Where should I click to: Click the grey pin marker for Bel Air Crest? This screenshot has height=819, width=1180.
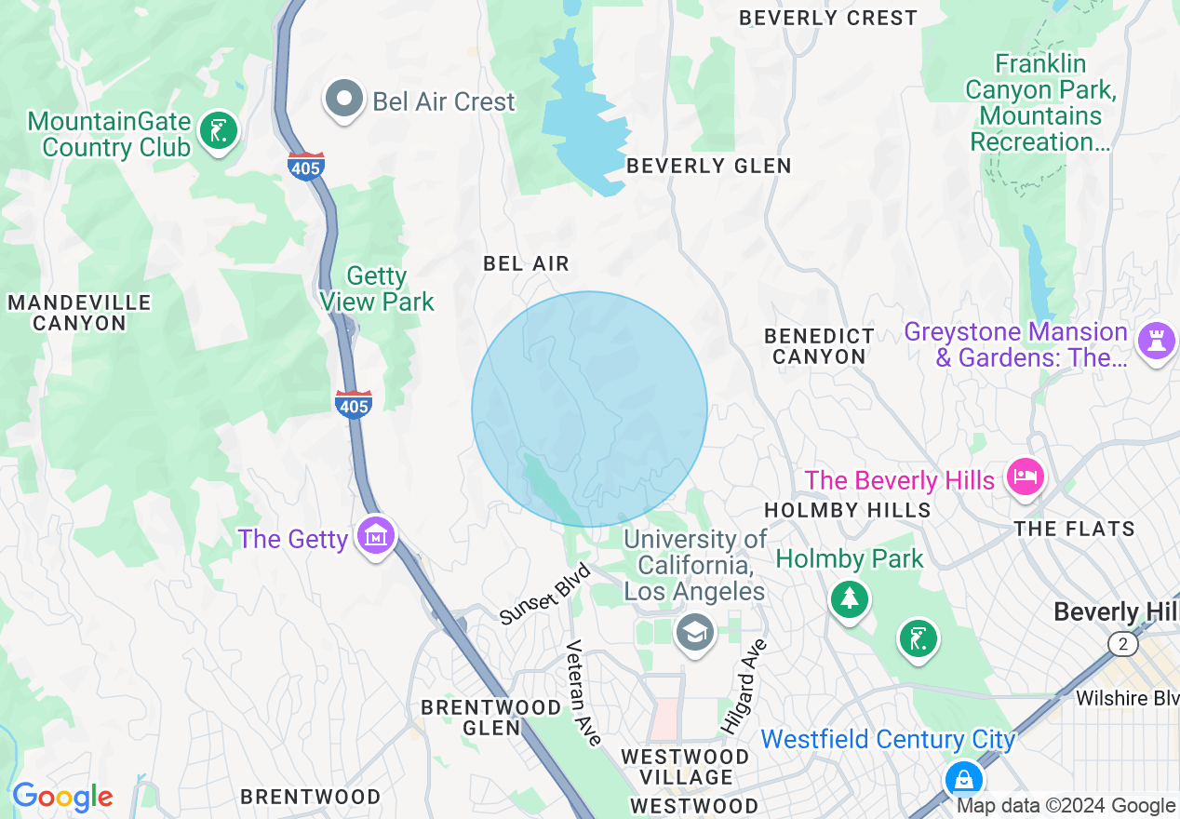pyautogui.click(x=344, y=99)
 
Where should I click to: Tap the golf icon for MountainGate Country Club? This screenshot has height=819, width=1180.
pyautogui.click(x=218, y=131)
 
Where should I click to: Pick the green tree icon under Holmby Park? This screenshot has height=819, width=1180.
pyautogui.click(x=849, y=597)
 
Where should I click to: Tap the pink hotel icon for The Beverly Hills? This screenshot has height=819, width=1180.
pyautogui.click(x=1025, y=477)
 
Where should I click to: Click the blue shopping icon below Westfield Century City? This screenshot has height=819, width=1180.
pyautogui.click(x=963, y=778)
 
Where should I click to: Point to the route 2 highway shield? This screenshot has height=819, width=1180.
pyautogui.click(x=1123, y=643)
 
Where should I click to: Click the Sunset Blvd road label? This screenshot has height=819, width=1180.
pyautogui.click(x=544, y=595)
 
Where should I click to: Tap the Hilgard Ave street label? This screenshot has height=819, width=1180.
pyautogui.click(x=744, y=684)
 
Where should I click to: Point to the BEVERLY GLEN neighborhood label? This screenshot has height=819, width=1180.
pyautogui.click(x=709, y=166)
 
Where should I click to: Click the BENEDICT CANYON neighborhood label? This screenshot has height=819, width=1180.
pyautogui.click(x=819, y=345)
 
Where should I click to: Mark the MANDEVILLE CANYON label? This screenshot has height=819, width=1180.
pyautogui.click(x=79, y=313)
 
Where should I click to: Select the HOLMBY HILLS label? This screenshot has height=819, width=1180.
pyautogui.click(x=847, y=510)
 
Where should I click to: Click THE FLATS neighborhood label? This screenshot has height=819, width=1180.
pyautogui.click(x=1075, y=529)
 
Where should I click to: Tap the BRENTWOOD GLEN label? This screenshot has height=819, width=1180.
pyautogui.click(x=491, y=718)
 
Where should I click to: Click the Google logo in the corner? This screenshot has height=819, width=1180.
pyautogui.click(x=62, y=797)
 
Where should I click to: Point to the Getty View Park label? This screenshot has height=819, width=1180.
pyautogui.click(x=377, y=289)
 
